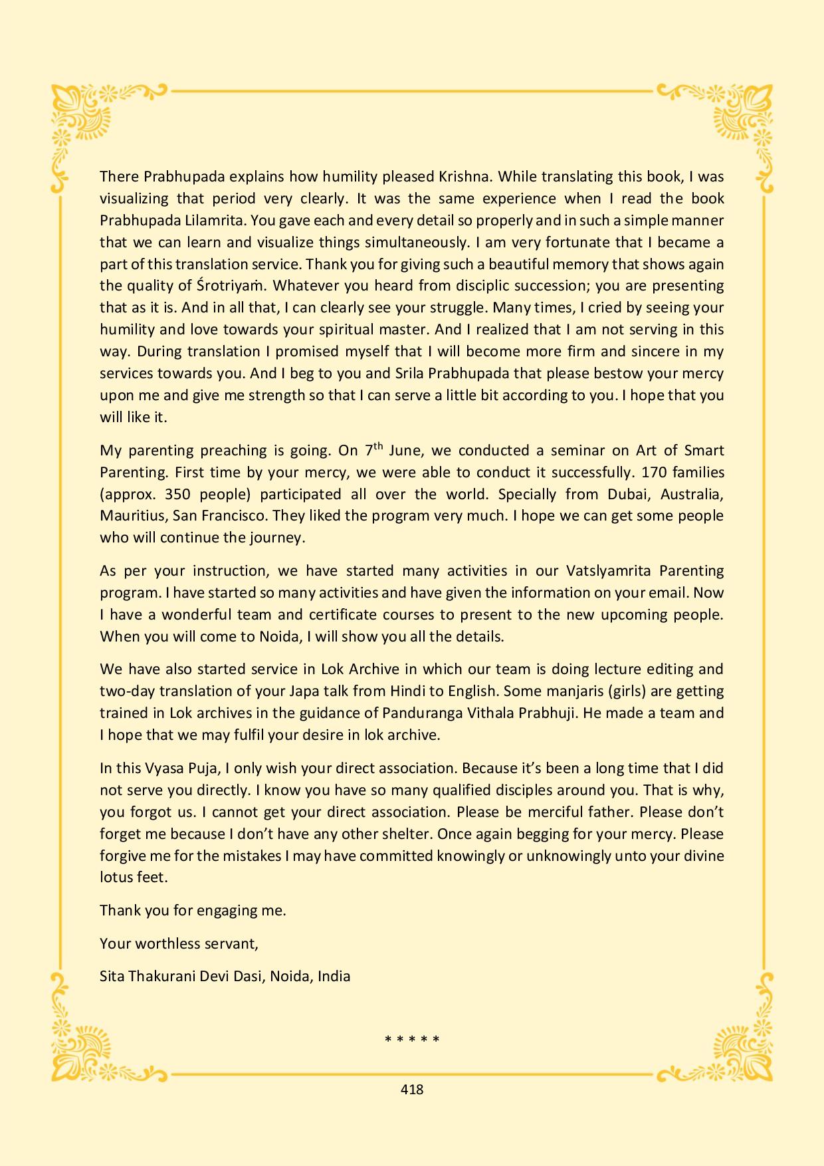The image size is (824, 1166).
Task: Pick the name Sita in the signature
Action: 112,977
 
